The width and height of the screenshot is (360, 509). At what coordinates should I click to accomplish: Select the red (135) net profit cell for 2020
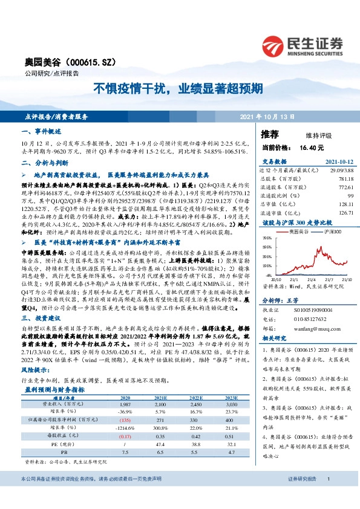[x=125, y=419]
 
